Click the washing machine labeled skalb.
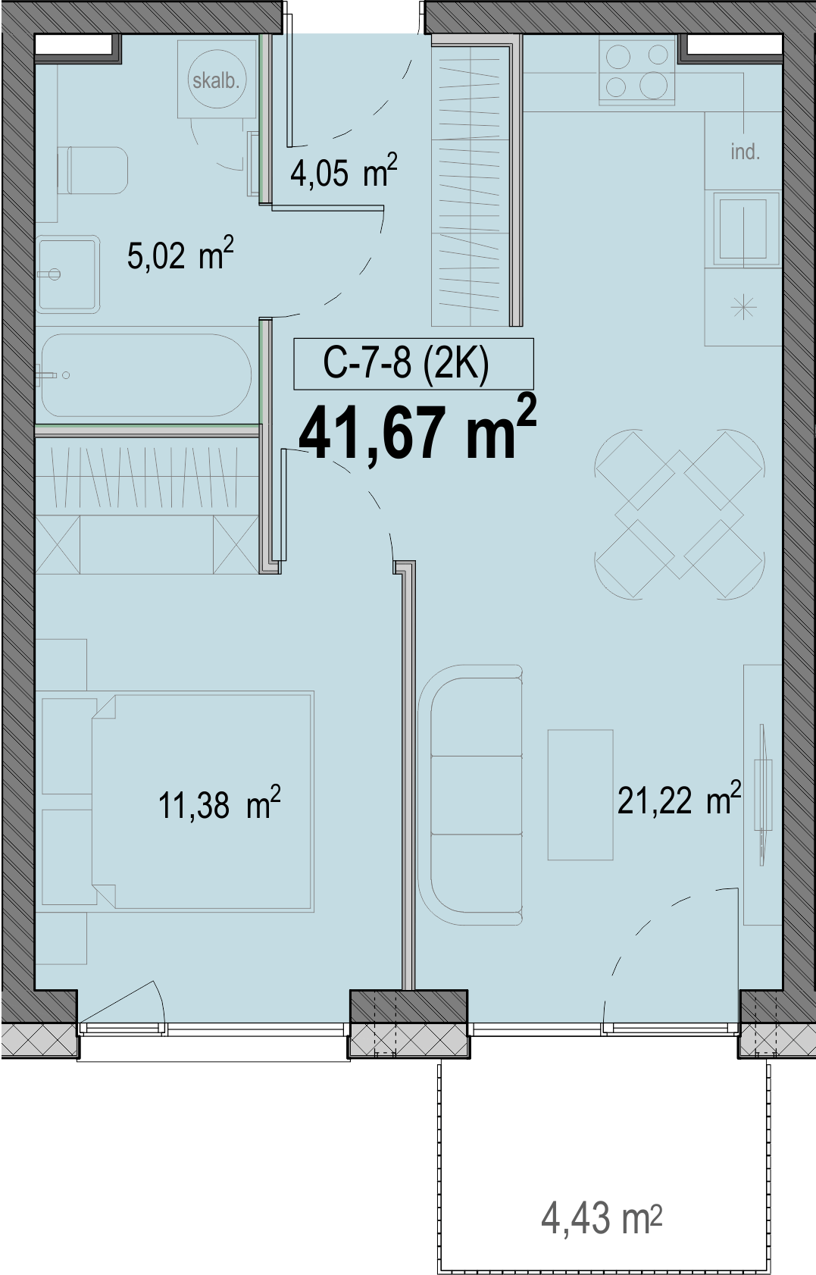(x=216, y=80)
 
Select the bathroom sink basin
(x=67, y=275)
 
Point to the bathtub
(x=145, y=376)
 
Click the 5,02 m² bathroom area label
(x=180, y=255)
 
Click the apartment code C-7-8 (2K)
(x=406, y=364)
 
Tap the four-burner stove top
(x=637, y=70)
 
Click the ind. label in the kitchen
(x=746, y=152)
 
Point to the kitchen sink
(x=743, y=228)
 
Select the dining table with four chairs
(x=679, y=514)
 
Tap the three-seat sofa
(x=471, y=795)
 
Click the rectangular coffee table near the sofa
(x=580, y=794)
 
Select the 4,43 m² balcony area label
(x=602, y=1219)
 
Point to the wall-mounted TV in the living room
(x=762, y=796)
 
